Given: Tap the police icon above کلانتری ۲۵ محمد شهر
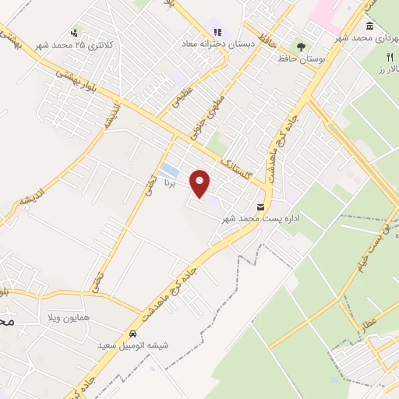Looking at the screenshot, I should (74, 33).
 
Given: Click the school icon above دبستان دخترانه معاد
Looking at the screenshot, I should (217, 33).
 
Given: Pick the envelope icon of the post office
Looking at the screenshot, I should (260, 207).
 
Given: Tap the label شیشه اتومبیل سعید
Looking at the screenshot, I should (129, 344).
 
